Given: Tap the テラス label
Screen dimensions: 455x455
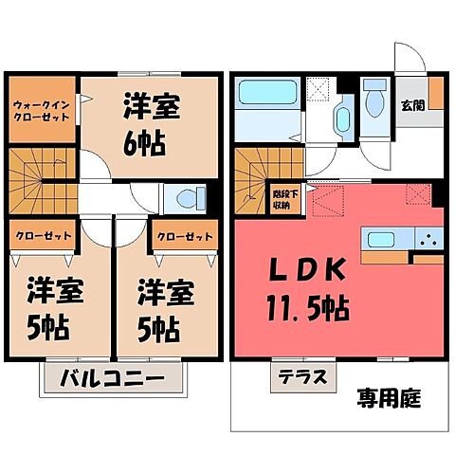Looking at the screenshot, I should point(300,376).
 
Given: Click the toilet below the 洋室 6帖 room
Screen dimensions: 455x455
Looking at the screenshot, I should point(186,200).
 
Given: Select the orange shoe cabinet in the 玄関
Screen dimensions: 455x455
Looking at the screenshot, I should point(435,95).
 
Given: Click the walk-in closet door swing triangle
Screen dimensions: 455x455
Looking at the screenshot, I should point(84,95).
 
